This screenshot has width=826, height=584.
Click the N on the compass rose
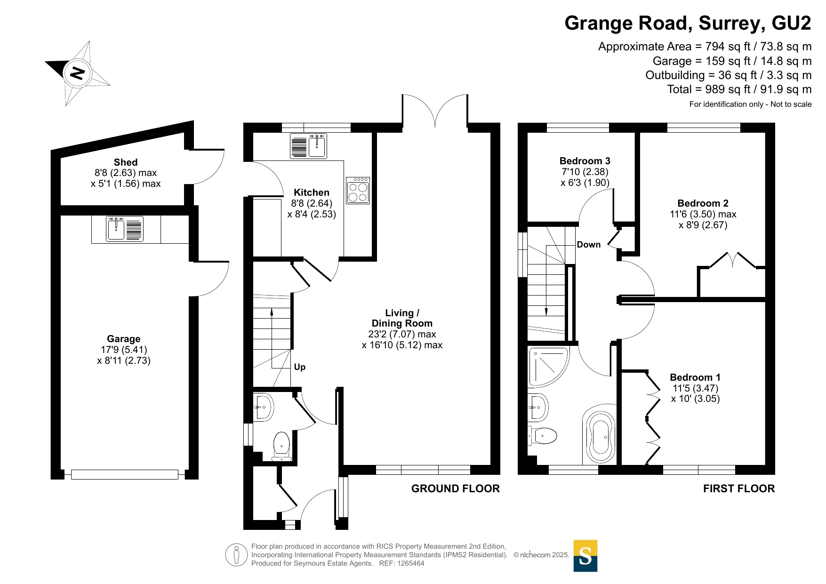[77, 73]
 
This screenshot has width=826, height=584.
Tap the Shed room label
[126, 162]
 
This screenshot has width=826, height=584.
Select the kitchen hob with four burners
[358, 190]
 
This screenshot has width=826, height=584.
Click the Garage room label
[124, 339]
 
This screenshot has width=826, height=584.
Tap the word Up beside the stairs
[300, 367]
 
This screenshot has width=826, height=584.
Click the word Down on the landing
[589, 245]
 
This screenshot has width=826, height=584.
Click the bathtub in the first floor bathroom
[600, 438]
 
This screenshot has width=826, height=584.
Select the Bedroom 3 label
[585, 161]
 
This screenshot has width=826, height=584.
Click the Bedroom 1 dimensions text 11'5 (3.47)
[696, 388]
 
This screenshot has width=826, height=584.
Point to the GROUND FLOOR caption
[456, 488]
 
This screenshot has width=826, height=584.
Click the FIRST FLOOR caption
[739, 488]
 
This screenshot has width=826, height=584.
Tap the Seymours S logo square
[585, 556]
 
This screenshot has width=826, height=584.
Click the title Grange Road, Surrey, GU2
[688, 23]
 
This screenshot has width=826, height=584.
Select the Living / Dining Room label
[402, 318]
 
